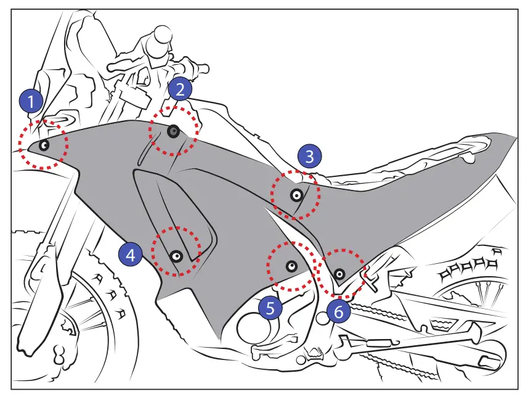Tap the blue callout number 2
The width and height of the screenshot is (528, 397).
[180, 90]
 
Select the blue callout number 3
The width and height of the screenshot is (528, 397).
[309, 157]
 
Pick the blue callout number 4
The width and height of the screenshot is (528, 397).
[131, 253]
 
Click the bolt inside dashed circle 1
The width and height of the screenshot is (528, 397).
[44, 145]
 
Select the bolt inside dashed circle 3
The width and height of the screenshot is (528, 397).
[296, 195]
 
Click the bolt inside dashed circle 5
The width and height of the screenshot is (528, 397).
[291, 266]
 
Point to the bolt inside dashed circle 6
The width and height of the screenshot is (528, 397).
[339, 272]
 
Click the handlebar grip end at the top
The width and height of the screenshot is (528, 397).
[163, 34]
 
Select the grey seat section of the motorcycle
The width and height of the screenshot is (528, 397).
[431, 166]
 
